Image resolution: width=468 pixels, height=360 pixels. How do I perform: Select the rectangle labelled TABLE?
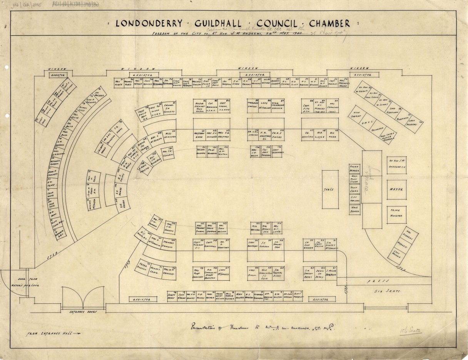pos(330,189)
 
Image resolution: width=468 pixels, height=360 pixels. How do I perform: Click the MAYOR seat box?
pos(397,189)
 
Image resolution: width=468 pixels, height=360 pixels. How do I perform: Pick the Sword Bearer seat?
pos(354,170)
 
